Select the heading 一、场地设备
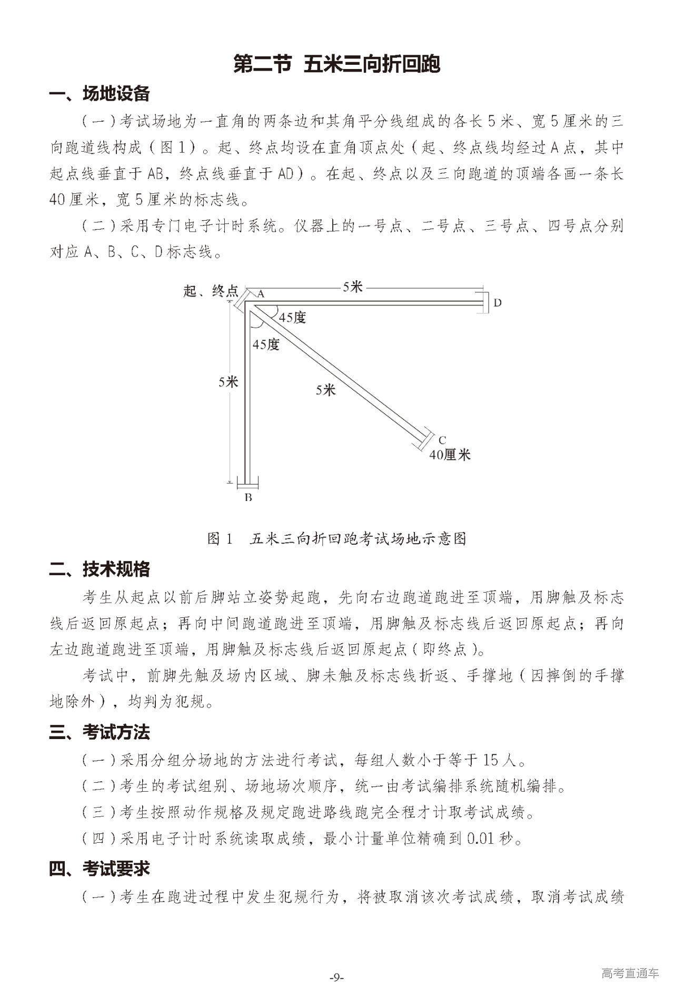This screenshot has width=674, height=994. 100,94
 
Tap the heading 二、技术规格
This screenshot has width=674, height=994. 100,569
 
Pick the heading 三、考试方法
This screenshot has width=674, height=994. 100,732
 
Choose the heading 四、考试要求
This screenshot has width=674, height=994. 100,868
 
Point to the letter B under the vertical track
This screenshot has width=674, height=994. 248,497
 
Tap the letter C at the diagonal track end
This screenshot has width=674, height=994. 442,440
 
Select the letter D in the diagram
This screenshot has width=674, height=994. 497,303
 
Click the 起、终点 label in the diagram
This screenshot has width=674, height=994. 211,291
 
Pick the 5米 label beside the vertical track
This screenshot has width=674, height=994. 229,382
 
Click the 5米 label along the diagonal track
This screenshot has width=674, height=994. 326,390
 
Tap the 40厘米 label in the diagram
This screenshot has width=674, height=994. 450,455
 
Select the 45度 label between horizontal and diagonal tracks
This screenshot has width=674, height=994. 292,318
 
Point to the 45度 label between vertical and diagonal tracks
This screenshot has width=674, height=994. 266,345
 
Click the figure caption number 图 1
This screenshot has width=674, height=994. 220,538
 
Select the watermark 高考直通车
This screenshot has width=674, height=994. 629,973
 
